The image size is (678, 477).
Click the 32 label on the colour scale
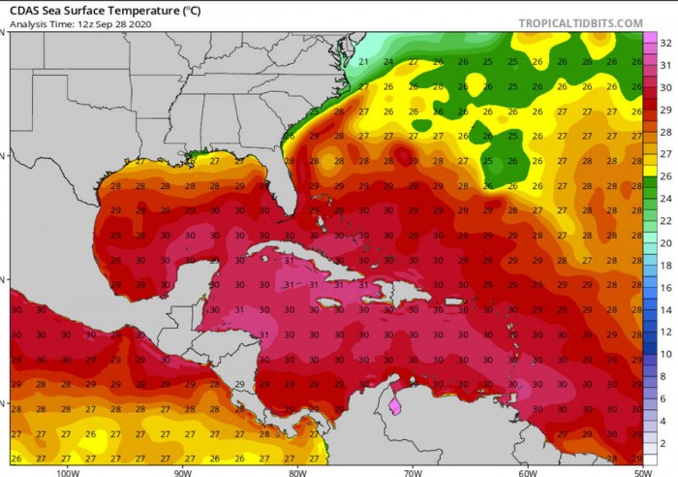665,44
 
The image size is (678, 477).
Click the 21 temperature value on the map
363,62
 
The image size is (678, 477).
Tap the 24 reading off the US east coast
388,62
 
